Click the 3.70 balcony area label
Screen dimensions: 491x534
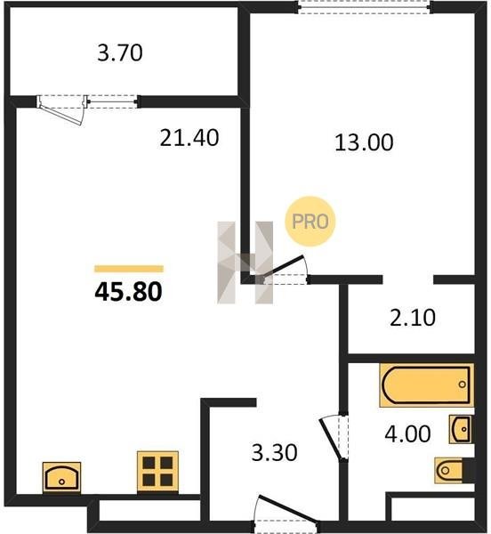pyautogui.click(x=120, y=53)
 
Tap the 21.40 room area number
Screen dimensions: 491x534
pyautogui.click(x=189, y=138)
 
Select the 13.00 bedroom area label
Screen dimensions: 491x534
pyautogui.click(x=364, y=142)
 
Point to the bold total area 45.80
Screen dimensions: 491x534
pyautogui.click(x=129, y=292)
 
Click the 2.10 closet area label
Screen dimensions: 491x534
pyautogui.click(x=413, y=318)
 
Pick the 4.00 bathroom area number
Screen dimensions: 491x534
pyautogui.click(x=407, y=434)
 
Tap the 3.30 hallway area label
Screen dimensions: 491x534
pyautogui.click(x=274, y=453)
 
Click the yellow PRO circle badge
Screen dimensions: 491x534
pyautogui.click(x=310, y=222)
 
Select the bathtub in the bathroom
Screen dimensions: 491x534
pyautogui.click(x=427, y=385)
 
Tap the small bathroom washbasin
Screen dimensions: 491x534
pyautogui.click(x=462, y=429)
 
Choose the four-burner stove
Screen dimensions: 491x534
pyautogui.click(x=157, y=472)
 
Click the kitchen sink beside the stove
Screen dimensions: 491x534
pyautogui.click(x=61, y=477)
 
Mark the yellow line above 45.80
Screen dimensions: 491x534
pyautogui.click(x=129, y=269)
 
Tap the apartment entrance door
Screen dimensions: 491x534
pyautogui.click(x=287, y=509)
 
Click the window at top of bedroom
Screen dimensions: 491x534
pyautogui.click(x=365, y=7)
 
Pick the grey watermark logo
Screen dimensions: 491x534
pyautogui.click(x=245, y=263)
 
